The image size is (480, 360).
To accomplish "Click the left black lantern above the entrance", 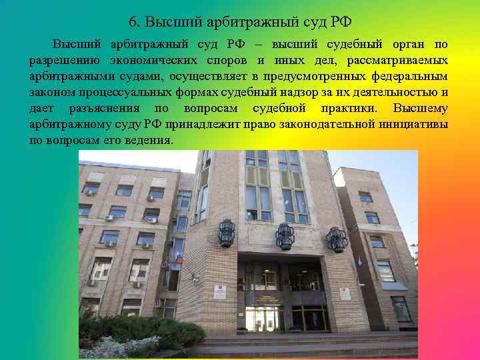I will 227,234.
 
